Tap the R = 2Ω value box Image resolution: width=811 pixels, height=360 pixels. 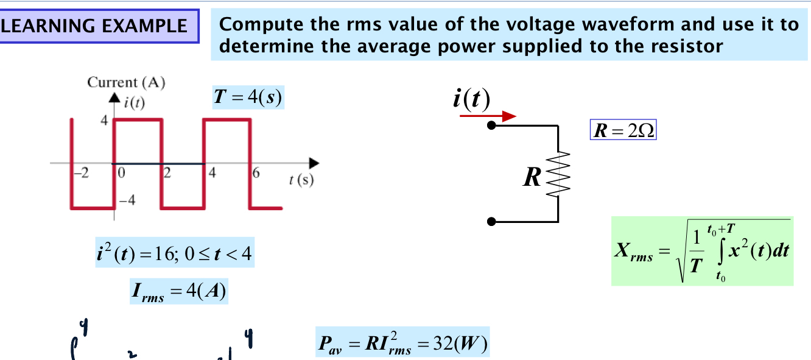click(x=623, y=130)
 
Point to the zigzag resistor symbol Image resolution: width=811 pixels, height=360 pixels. click(x=558, y=174)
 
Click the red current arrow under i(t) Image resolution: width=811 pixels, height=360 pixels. click(x=488, y=116)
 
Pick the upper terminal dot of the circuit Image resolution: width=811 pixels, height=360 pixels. click(x=492, y=125)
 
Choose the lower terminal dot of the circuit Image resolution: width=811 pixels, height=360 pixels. click(x=492, y=222)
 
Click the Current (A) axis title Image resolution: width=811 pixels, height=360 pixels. click(x=126, y=82)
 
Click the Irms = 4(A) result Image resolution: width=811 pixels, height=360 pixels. click(x=178, y=291)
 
